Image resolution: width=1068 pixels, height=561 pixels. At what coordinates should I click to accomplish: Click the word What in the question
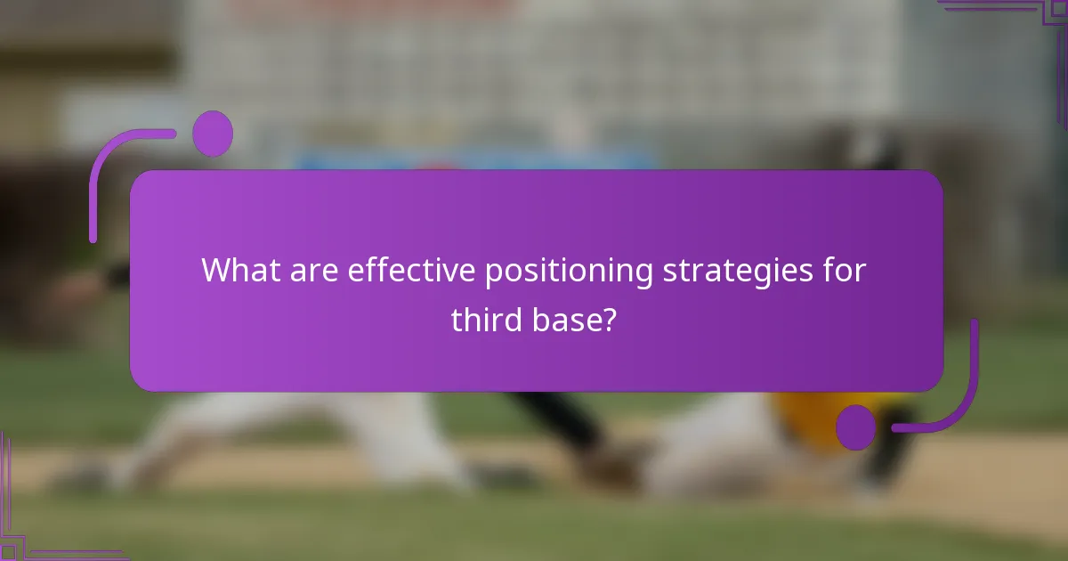[239, 271]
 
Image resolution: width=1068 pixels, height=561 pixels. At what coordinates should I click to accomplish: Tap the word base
[564, 319]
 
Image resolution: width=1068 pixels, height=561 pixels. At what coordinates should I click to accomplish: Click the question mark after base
[610, 319]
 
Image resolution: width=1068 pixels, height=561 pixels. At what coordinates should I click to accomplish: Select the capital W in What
[216, 271]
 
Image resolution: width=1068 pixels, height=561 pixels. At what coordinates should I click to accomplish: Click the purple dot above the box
[213, 134]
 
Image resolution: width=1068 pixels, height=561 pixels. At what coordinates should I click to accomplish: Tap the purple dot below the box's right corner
[856, 427]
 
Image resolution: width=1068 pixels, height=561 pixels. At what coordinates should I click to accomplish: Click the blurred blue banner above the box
[472, 160]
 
